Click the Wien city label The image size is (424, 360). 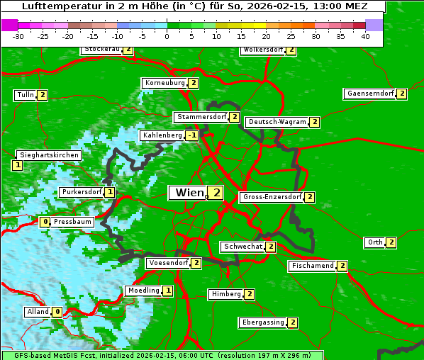188,193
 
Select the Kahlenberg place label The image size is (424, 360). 162,135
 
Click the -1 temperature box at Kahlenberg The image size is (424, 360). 191,135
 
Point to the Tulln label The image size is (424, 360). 25,95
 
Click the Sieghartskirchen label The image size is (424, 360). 49,155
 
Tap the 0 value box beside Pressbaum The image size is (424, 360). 45,222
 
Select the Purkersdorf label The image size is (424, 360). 81,192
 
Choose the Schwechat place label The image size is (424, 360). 242,247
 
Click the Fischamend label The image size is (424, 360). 312,266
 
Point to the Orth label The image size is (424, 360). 374,242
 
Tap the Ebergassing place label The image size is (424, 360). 263,322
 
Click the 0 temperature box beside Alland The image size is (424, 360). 57,312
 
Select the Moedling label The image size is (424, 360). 143,291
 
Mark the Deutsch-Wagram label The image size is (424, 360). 277,122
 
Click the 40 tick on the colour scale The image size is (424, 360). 365,36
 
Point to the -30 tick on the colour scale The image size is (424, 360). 18,36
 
